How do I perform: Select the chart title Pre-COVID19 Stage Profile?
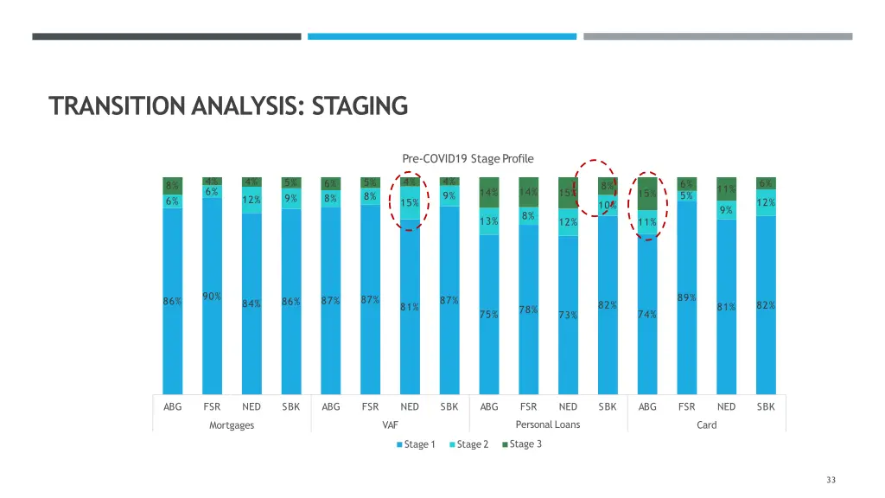pos(468,158)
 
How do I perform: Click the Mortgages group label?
pos(232,425)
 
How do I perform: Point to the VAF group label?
pos(390,425)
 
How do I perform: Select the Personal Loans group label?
pos(548,425)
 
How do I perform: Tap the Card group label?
pos(706,425)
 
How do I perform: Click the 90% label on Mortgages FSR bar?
pos(212,297)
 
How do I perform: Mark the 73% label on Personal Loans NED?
pos(568,315)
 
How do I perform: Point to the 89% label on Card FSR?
pos(687,297)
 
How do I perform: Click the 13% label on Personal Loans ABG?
pos(488,221)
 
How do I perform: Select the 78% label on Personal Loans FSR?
pos(528,310)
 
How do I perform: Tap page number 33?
pos(831,480)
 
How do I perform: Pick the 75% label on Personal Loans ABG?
pos(488,314)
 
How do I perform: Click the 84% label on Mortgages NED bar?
pos(251,303)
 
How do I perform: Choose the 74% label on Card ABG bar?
pos(646,314)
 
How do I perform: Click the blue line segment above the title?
pos(442,36)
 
